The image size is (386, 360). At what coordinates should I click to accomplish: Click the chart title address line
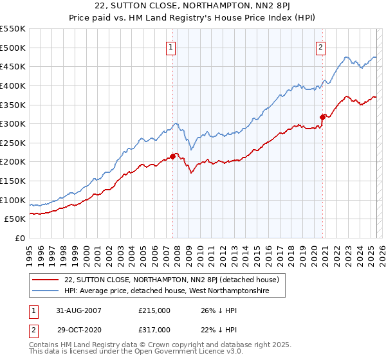tap(193, 7)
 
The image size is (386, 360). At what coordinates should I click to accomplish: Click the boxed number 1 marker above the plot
tap(172, 46)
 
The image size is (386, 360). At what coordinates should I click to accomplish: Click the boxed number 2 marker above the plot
tap(320, 46)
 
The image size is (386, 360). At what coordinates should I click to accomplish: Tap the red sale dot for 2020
tap(323, 117)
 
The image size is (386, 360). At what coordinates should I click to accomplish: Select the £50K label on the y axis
tap(15, 219)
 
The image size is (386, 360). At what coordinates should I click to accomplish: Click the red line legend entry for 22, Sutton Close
tap(171, 280)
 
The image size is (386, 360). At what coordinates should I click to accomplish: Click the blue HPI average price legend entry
tap(175, 291)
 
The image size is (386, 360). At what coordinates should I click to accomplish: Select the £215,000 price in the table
tap(154, 310)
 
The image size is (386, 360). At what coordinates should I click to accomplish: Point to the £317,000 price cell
tap(154, 329)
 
